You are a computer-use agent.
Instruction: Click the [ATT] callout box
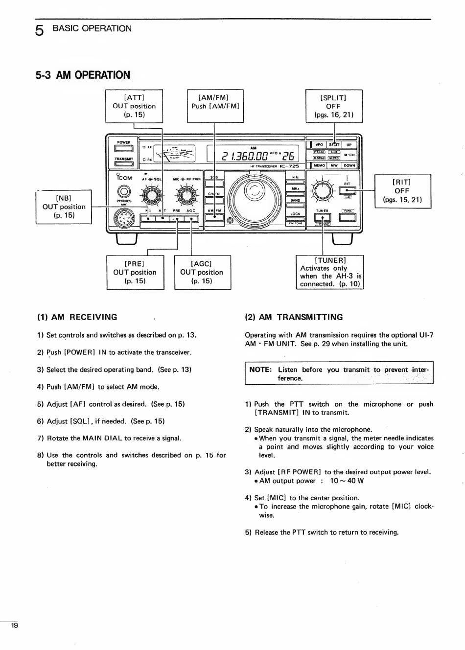pyautogui.click(x=134, y=106)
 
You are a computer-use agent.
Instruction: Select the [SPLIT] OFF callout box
pyautogui.click(x=334, y=106)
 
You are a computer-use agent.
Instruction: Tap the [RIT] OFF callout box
pyautogui.click(x=402, y=191)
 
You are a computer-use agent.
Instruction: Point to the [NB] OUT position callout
pyautogui.click(x=64, y=207)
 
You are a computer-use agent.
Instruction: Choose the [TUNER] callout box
pyautogui.click(x=330, y=272)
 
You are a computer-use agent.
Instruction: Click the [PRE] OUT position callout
pyautogui.click(x=135, y=272)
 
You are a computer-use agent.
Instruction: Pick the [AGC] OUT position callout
pyautogui.click(x=202, y=272)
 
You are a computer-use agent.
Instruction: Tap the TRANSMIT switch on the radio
pyautogui.click(x=123, y=164)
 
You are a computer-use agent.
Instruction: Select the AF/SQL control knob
pyautogui.click(x=151, y=196)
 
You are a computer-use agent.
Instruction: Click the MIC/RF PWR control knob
pyautogui.click(x=186, y=196)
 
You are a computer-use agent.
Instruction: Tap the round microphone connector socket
pyautogui.click(x=124, y=218)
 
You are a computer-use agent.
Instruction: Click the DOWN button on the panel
pyautogui.click(x=349, y=165)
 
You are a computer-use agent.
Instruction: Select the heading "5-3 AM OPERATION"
pyautogui.click(x=83, y=75)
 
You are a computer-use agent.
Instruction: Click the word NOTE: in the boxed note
pyautogui.click(x=260, y=370)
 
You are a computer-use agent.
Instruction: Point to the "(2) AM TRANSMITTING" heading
pyautogui.click(x=294, y=317)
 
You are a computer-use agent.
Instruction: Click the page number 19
pyautogui.click(x=14, y=626)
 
